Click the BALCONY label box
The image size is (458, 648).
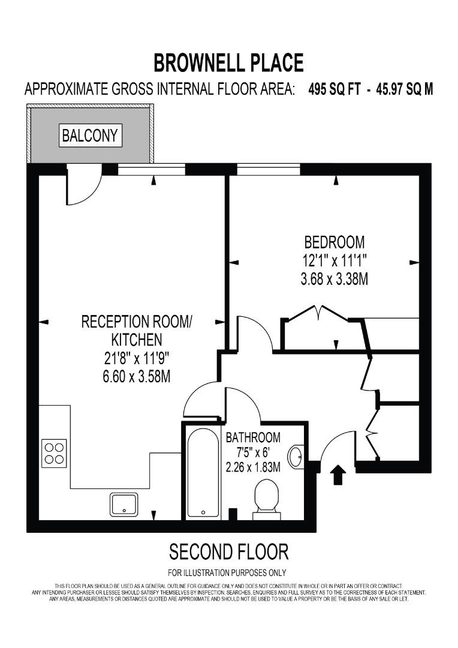click(x=91, y=135)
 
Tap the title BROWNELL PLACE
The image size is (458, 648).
click(x=228, y=62)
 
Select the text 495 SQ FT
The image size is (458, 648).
click(x=335, y=89)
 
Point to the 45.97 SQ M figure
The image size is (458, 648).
click(x=405, y=89)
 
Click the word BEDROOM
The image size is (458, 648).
click(x=335, y=242)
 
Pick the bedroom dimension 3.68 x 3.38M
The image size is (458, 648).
click(x=335, y=279)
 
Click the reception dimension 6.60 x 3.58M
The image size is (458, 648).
click(x=137, y=377)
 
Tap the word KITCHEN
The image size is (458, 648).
click(x=137, y=340)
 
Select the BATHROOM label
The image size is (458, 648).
click(x=253, y=437)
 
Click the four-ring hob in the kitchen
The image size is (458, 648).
click(x=54, y=454)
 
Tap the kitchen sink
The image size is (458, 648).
click(x=124, y=504)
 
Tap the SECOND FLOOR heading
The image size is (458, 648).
click(x=228, y=551)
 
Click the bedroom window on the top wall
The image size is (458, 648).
click(x=268, y=170)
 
